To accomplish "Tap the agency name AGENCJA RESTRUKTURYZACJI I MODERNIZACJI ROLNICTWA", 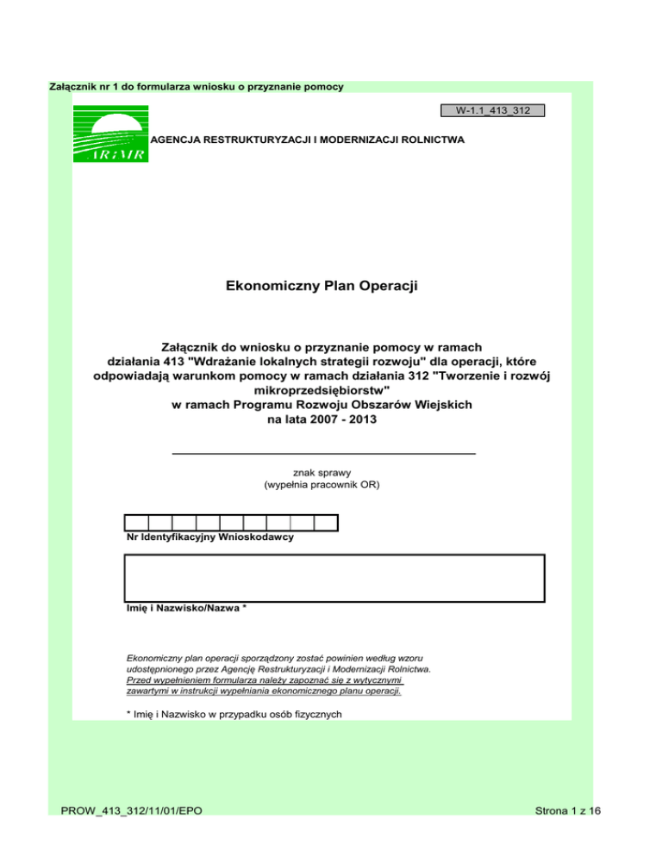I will coord(308,138).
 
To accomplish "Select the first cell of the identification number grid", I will coord(137,522).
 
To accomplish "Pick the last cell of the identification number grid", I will coord(326,522).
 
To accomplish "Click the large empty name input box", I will coord(335,577).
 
